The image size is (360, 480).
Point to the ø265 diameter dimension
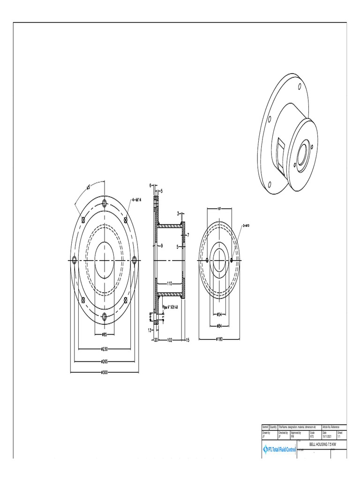[105, 360]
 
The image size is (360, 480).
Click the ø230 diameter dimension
[105, 348]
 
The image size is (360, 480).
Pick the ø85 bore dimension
[105, 334]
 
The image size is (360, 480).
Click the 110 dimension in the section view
[169, 284]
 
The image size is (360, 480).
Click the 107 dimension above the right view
[219, 209]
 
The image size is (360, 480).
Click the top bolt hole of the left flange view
[105, 203]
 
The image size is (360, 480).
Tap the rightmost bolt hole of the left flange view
[135, 259]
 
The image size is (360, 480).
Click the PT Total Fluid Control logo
[279, 450]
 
